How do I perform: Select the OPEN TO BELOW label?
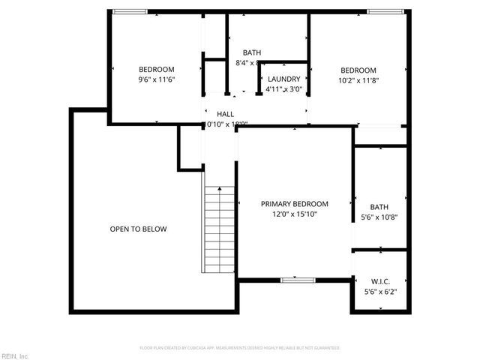click(x=138, y=229)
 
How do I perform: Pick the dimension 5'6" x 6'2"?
click(x=379, y=292)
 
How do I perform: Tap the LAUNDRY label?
click(x=283, y=79)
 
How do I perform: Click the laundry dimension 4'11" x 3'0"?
click(x=283, y=89)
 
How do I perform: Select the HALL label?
click(x=214, y=114)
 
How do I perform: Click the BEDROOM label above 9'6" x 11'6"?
click(x=156, y=70)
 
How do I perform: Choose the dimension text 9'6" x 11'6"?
click(x=156, y=80)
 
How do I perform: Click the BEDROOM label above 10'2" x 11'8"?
click(x=358, y=70)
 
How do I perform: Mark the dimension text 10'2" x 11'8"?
click(x=358, y=81)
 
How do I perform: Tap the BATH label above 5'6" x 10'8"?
click(x=379, y=208)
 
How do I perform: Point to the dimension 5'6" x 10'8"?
click(x=379, y=218)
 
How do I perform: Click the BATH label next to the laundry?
click(x=251, y=52)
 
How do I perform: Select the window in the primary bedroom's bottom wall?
click(x=292, y=280)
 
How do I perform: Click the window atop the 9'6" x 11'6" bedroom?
click(x=130, y=11)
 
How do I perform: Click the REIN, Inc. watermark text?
click(x=15, y=355)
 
